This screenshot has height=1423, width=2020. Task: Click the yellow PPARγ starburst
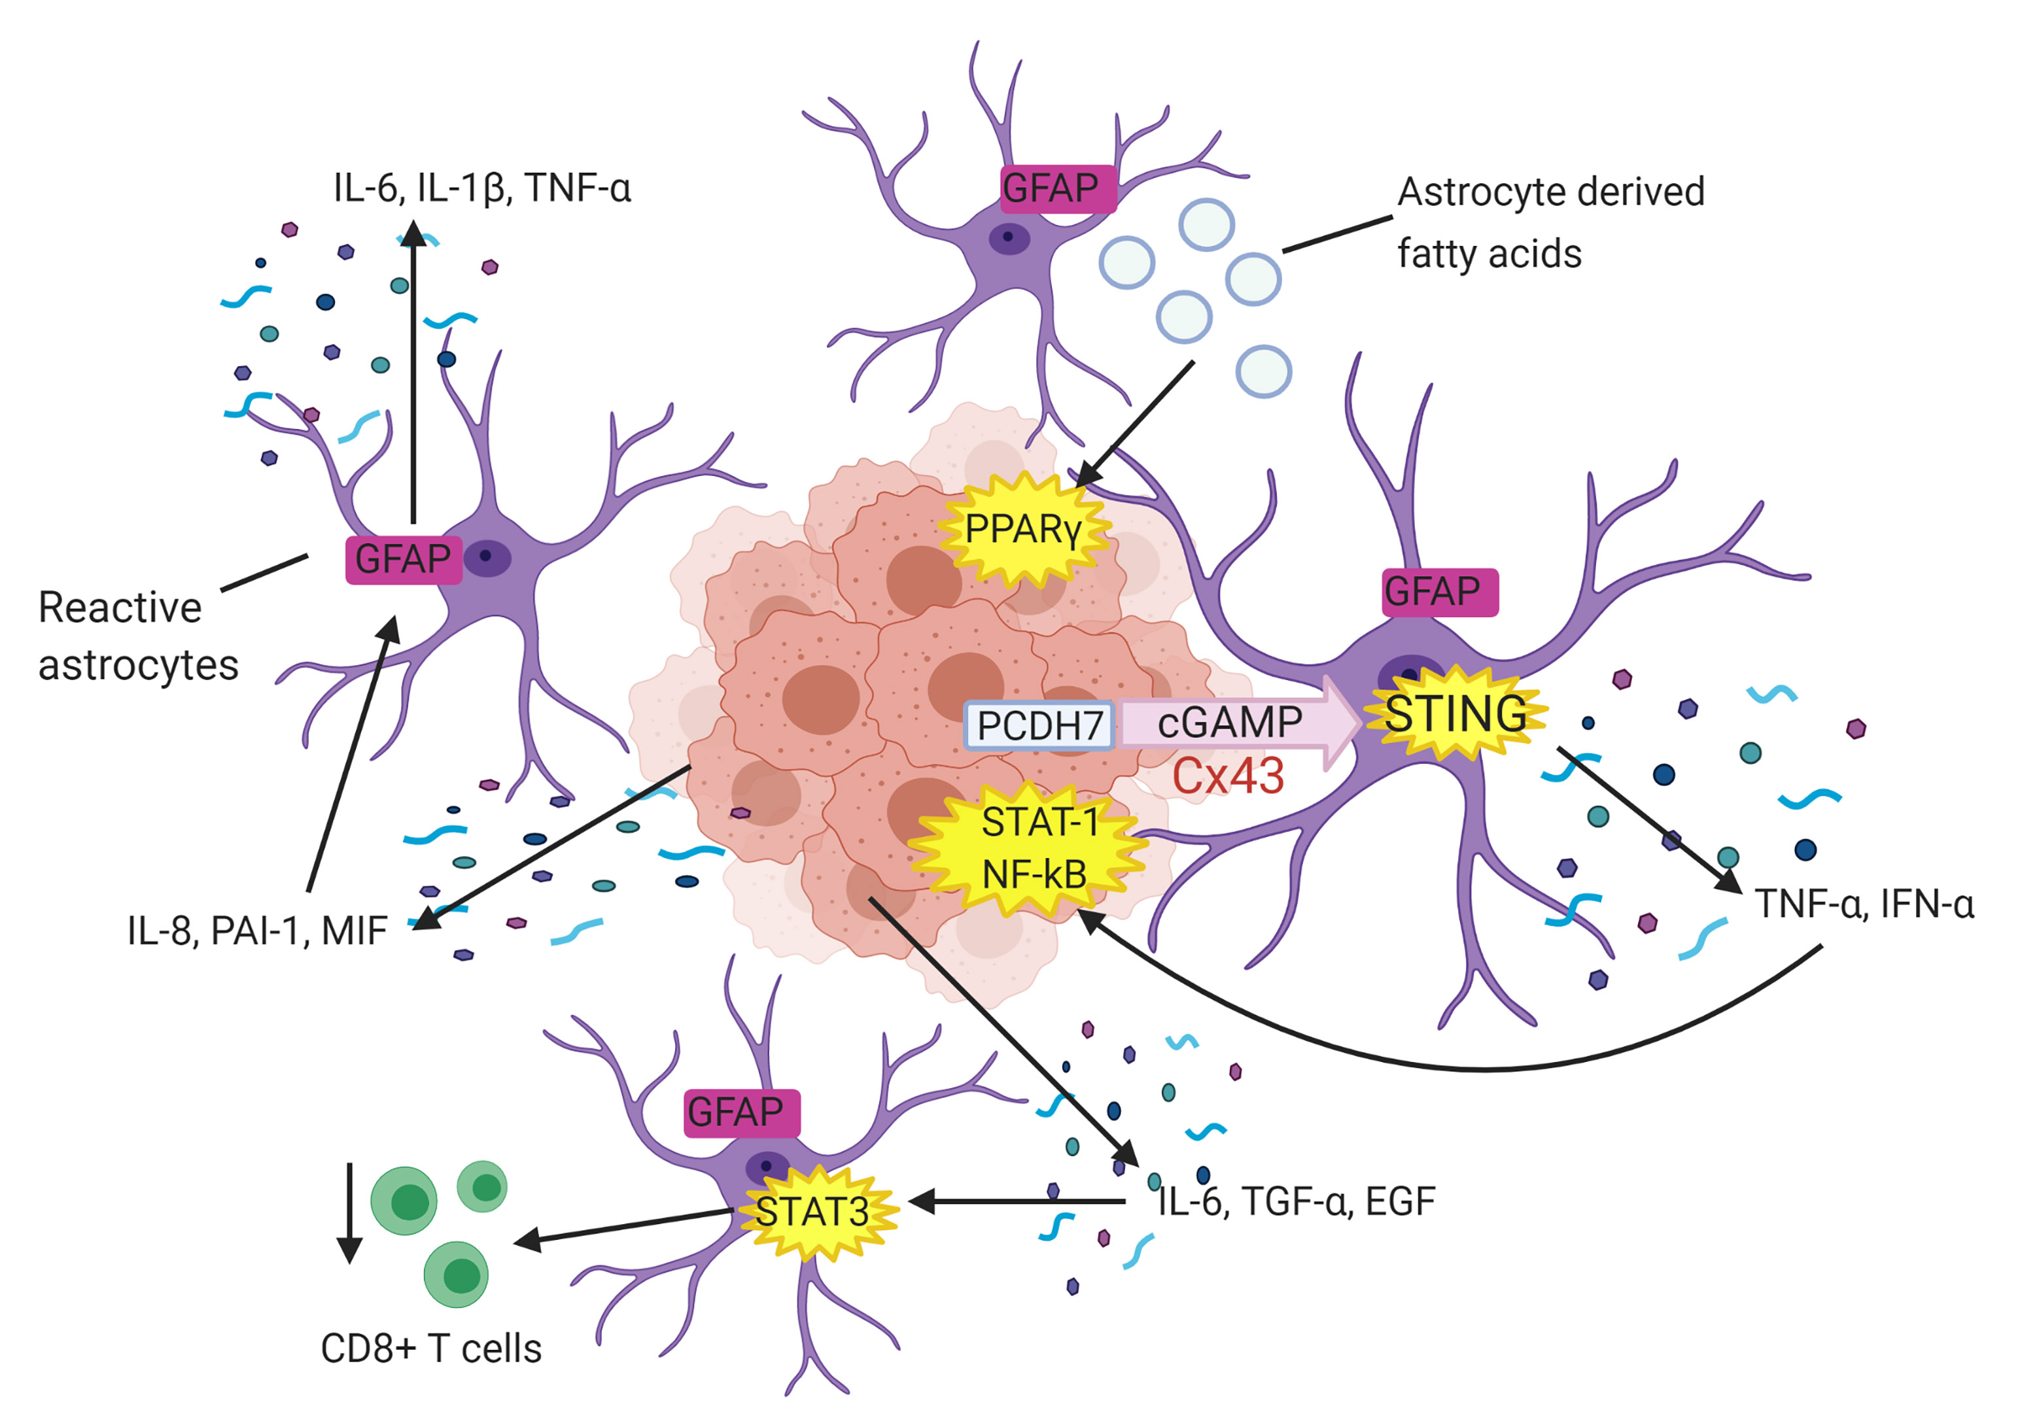click(x=1023, y=530)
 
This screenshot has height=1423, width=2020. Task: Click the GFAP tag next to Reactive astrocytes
click(x=403, y=559)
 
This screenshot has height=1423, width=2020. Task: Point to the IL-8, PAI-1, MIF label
click(x=257, y=931)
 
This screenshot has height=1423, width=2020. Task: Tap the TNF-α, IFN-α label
click(x=1864, y=904)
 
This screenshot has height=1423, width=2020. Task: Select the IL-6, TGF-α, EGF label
click(x=1297, y=1201)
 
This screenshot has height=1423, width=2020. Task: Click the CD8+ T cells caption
click(x=431, y=1348)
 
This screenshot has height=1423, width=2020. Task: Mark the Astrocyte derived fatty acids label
click(x=1550, y=222)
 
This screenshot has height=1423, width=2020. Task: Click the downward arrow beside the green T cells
click(x=349, y=1213)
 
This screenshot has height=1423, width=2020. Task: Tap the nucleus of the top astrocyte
click(x=1008, y=237)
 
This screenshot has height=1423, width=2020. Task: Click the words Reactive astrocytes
click(x=138, y=636)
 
